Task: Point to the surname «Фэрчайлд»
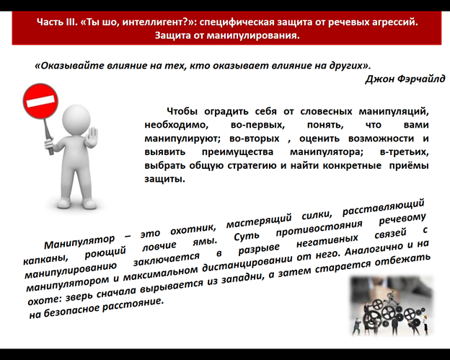(x=420, y=79)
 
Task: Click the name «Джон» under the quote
(x=379, y=79)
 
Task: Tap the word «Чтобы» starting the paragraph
(x=182, y=111)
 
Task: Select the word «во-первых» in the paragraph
(x=257, y=125)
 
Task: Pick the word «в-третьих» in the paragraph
(x=404, y=152)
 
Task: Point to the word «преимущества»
(x=238, y=152)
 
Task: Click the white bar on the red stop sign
(x=40, y=101)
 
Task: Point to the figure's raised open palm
(x=92, y=138)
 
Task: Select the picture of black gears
(x=391, y=305)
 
